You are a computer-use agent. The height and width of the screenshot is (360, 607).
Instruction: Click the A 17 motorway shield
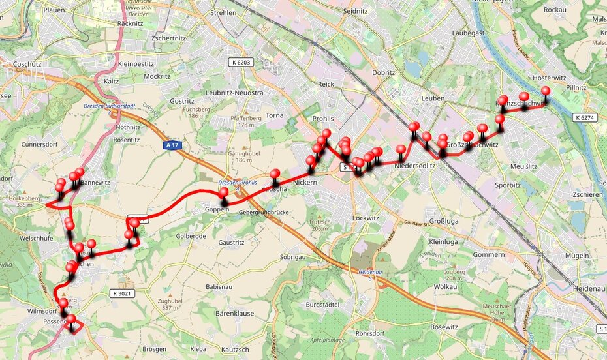tap(172, 146)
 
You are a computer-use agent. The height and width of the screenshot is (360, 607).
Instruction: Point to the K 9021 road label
tap(122, 293)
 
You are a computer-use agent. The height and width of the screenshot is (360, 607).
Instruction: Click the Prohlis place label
tap(322, 119)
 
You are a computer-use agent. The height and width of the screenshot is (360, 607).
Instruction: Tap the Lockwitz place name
tap(366, 218)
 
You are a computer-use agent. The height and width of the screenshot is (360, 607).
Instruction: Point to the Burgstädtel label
tap(324, 305)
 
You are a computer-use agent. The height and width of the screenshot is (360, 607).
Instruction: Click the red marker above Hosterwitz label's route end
tap(546, 91)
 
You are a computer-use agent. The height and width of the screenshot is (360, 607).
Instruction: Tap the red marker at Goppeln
tap(223, 192)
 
